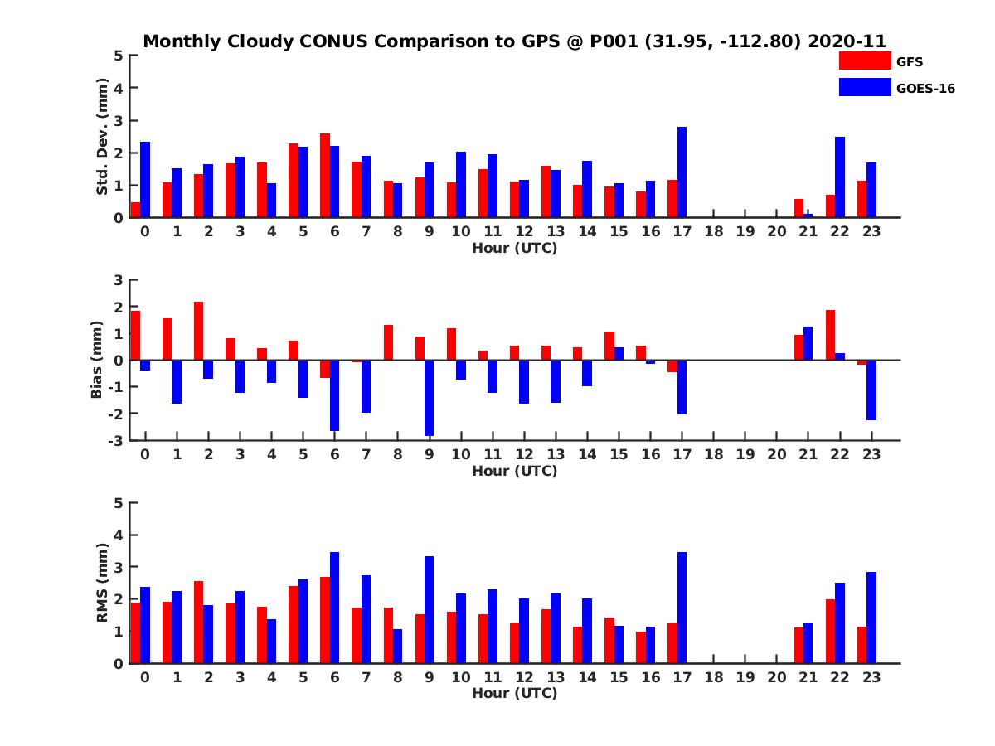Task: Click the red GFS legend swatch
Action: click(864, 61)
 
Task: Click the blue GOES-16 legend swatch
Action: click(864, 87)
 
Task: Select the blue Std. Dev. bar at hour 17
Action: click(682, 172)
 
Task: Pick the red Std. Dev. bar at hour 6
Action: click(325, 176)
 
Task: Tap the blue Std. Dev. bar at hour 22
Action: click(840, 177)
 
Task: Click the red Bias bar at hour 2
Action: click(199, 331)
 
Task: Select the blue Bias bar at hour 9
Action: click(429, 398)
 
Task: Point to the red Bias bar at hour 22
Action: click(830, 335)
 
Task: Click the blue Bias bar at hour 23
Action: click(871, 390)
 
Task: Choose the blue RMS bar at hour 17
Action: click(682, 608)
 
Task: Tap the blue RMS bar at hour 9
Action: click(429, 609)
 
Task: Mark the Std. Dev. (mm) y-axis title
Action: click(103, 137)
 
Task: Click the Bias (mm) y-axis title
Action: click(97, 360)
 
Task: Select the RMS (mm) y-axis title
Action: click(103, 583)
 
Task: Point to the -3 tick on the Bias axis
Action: click(116, 440)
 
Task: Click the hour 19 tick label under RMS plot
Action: click(745, 677)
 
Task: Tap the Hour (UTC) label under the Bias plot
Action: click(514, 471)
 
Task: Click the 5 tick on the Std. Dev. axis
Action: click(119, 56)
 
